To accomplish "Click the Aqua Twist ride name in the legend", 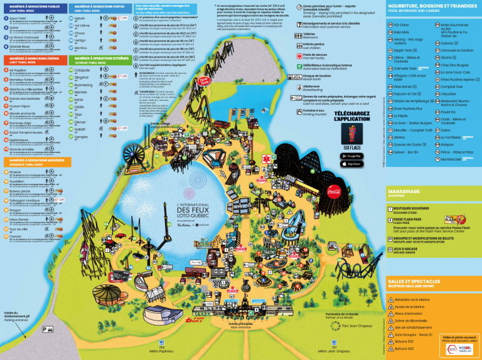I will [x=17, y=18].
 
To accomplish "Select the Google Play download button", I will [x=355, y=155].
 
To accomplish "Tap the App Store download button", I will [x=355, y=164].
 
